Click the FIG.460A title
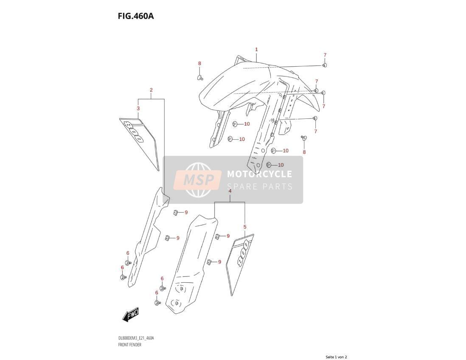coord(136,16)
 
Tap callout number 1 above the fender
coord(256,50)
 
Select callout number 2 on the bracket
coord(151,90)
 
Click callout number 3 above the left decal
coord(138,109)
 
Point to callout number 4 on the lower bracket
coord(230,191)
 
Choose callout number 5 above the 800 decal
coord(245,227)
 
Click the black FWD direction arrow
coord(131,314)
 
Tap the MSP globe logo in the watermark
coord(198,180)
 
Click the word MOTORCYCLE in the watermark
coord(259,174)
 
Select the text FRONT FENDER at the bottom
coord(129,345)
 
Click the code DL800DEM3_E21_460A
coord(136,338)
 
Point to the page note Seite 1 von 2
coord(336,357)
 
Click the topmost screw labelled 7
coord(325,65)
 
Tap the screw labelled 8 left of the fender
coord(200,78)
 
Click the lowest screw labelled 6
coord(157,303)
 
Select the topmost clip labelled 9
coord(176,212)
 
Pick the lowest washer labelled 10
coord(269,165)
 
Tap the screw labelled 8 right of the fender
coord(304,138)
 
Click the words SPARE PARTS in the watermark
coord(260,187)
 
